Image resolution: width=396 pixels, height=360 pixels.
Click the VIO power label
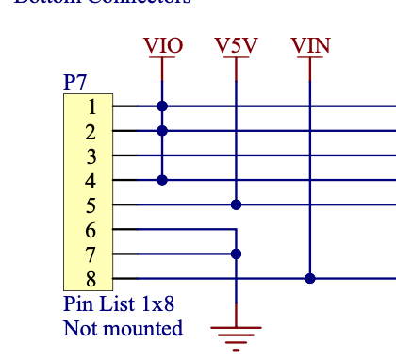coord(163,45)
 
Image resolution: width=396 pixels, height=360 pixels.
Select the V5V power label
coord(236,45)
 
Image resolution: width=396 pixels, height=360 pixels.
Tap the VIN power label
coord(310,45)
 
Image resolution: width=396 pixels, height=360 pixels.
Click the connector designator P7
coord(75,83)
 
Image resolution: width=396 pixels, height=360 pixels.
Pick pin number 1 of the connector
coord(91,106)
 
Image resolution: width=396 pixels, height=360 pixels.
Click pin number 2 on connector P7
coord(91,131)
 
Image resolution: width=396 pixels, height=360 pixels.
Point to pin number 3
coord(91,155)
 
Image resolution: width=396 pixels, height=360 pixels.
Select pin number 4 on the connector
coord(91,180)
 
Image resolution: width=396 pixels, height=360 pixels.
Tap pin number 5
coord(91,205)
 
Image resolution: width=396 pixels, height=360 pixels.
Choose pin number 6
coord(91,229)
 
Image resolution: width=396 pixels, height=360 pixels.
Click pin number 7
coord(91,254)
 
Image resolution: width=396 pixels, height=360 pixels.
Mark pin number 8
coord(91,278)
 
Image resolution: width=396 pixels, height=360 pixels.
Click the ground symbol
coord(236,332)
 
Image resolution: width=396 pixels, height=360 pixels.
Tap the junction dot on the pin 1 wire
coord(163,106)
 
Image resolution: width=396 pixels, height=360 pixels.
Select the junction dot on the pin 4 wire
coord(163,180)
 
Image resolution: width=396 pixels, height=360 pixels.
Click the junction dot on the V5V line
coord(236,205)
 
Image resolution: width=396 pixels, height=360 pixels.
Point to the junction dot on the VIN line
coord(310,278)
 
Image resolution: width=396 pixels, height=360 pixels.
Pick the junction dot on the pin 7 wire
coord(236,254)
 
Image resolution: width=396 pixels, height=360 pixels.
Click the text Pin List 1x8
coord(119,305)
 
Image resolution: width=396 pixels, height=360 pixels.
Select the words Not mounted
coord(123,329)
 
